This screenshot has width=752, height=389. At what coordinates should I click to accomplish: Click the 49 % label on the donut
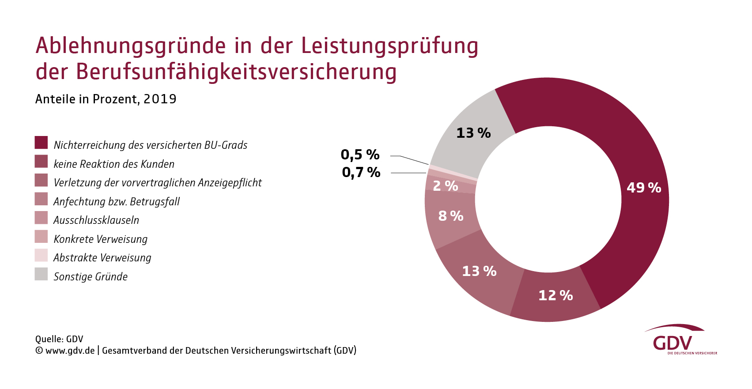click(643, 188)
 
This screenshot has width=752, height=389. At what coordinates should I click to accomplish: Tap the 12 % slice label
click(555, 295)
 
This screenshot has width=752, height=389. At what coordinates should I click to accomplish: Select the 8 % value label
click(450, 216)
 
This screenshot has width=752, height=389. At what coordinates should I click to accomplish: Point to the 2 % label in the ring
click(445, 186)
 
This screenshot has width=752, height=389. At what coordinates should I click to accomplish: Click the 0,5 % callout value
click(360, 155)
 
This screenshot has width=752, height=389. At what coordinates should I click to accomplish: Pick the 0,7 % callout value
click(361, 172)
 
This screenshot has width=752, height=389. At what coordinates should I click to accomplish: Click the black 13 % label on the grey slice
click(473, 133)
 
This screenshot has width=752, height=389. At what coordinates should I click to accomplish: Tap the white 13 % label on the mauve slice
click(479, 271)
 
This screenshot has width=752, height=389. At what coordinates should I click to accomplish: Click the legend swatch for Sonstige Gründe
click(41, 274)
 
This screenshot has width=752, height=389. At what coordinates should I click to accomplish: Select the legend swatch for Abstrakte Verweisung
click(41, 255)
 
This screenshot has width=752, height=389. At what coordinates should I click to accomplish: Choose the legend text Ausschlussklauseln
click(96, 220)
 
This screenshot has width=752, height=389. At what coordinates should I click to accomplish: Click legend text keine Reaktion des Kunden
click(114, 164)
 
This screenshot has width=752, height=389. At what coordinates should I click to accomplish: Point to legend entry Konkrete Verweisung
click(100, 239)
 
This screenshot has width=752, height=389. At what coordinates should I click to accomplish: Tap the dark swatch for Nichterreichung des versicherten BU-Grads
click(41, 143)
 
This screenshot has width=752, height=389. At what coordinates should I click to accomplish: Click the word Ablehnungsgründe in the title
click(131, 46)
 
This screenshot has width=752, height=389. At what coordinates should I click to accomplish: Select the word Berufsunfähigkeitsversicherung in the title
click(236, 72)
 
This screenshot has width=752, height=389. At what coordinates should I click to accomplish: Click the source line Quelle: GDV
click(59, 339)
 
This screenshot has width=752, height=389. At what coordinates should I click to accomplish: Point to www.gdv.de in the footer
click(70, 351)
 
